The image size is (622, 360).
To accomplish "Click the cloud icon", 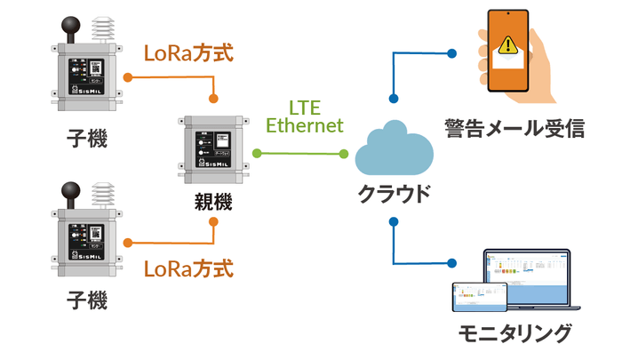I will [x=392, y=152].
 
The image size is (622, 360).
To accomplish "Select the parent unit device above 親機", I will [x=212, y=146].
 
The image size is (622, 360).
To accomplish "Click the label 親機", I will [x=212, y=202].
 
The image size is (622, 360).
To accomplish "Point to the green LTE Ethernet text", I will [x=305, y=116].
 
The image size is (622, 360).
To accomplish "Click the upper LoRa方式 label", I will [x=188, y=52].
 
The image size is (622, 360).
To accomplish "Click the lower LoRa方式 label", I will [x=188, y=267].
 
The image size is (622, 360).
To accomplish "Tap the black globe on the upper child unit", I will [x=70, y=25].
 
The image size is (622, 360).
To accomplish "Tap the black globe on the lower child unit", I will [x=70, y=192].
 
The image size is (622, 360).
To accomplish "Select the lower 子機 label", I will [x=86, y=300].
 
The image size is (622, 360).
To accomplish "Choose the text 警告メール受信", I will [x=514, y=128].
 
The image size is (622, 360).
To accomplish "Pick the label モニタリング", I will [x=514, y=334].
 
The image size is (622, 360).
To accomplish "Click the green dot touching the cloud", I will [x=345, y=153].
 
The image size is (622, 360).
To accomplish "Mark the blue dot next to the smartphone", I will [x=452, y=52].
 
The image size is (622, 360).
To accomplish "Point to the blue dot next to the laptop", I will [x=452, y=262].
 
